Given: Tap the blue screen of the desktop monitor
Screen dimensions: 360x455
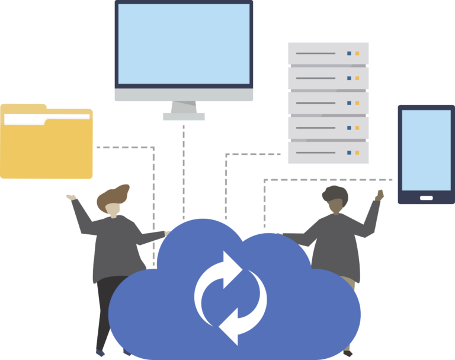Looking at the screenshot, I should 184,44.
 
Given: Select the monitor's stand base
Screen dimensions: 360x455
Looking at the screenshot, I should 184,117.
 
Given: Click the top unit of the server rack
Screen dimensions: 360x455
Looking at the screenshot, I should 328,53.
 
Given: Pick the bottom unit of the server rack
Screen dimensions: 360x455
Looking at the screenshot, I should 328,152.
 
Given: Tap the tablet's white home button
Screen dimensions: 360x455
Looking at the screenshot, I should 426,197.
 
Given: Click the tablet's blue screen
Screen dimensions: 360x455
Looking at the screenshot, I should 426,149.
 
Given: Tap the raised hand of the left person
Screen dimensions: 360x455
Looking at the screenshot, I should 71,197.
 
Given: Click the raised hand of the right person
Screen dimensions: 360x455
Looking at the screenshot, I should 379,195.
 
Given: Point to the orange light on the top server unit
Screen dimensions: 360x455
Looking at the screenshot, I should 357,53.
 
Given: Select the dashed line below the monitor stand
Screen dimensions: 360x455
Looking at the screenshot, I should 184,172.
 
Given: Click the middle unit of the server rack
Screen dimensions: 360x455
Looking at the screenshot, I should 328,103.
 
